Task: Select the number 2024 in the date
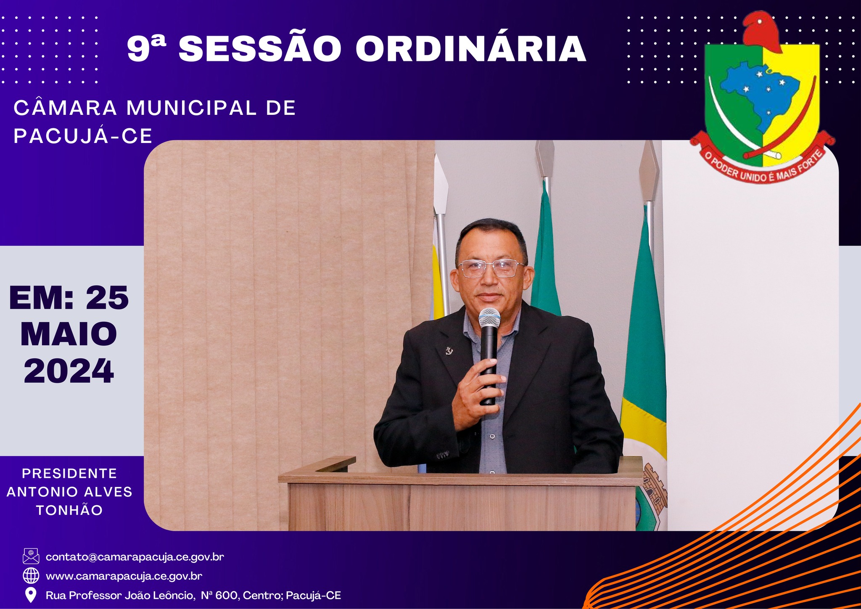pos(69,371)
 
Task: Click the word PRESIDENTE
pos(69,474)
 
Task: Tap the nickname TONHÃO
pos(69,510)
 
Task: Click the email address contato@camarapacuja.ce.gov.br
pos(135,557)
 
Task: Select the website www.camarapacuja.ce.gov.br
pos(124,576)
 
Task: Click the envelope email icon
pos(31,556)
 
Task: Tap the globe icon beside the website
pos(31,575)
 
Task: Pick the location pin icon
pos(31,595)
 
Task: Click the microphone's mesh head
pos(489,318)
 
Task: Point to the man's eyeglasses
pos(491,268)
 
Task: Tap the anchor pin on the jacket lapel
pos(449,350)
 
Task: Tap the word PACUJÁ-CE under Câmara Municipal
pos(83,136)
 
